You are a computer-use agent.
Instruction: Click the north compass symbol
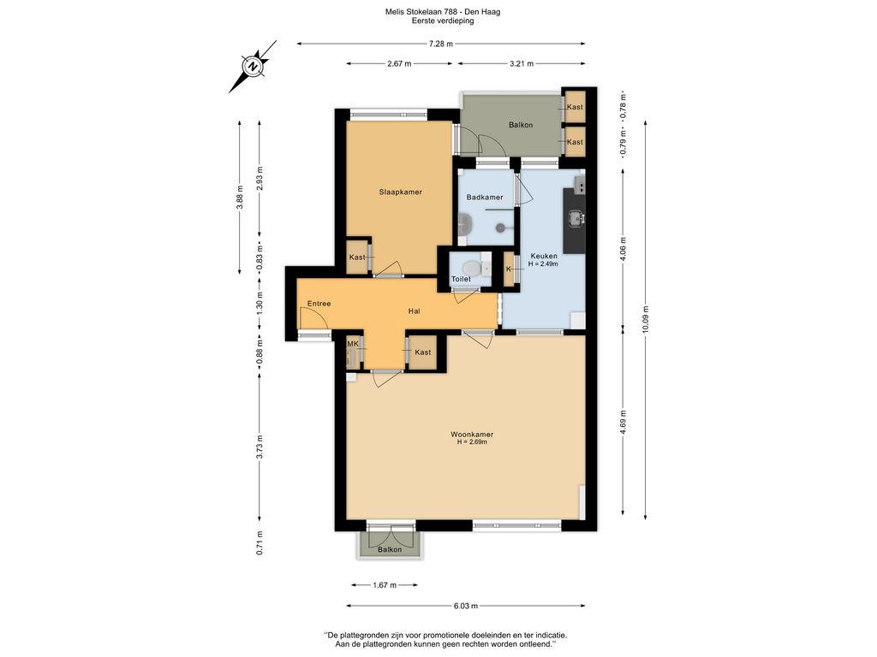pyautogui.click(x=253, y=67)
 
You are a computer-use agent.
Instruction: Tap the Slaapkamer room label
pyautogui.click(x=401, y=192)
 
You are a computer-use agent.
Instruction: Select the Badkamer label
pyautogui.click(x=485, y=198)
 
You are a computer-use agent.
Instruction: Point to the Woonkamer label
pyautogui.click(x=472, y=434)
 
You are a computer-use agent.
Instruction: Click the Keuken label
pyautogui.click(x=544, y=256)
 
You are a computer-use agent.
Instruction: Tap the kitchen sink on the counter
pyautogui.click(x=576, y=218)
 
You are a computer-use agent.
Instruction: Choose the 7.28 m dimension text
pyautogui.click(x=441, y=44)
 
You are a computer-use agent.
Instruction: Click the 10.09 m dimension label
pyautogui.click(x=646, y=320)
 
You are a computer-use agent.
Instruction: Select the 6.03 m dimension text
pyautogui.click(x=465, y=606)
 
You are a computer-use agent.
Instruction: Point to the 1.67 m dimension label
pyautogui.click(x=385, y=585)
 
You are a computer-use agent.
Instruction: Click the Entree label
pyautogui.click(x=319, y=304)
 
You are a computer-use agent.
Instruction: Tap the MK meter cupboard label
pyautogui.click(x=352, y=344)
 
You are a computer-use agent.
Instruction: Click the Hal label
pyautogui.click(x=414, y=311)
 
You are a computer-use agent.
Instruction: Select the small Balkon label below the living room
pyautogui.click(x=390, y=549)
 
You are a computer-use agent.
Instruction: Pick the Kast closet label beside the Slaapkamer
pyautogui.click(x=357, y=257)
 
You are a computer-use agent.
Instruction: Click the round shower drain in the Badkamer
pyautogui.click(x=500, y=228)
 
